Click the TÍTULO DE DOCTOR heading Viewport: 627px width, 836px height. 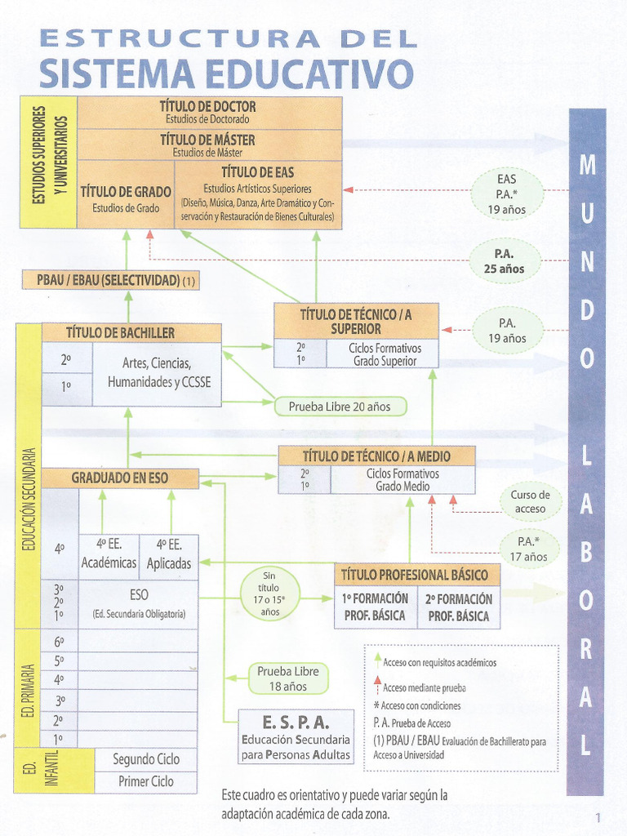(x=208, y=106)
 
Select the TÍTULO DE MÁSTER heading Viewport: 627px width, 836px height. (x=208, y=139)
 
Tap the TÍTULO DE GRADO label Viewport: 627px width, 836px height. (x=126, y=192)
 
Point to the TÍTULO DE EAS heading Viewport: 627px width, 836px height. (x=258, y=172)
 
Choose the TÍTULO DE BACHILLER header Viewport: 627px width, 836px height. (x=131, y=332)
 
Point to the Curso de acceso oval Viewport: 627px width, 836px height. (x=531, y=502)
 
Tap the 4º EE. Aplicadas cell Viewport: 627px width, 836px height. (x=169, y=554)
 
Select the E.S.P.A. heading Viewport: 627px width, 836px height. (x=296, y=723)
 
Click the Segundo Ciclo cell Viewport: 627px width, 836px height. (x=146, y=758)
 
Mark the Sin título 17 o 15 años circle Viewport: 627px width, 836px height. (x=270, y=594)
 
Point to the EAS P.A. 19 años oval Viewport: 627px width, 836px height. (x=506, y=194)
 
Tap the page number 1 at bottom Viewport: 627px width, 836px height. (x=598, y=817)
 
